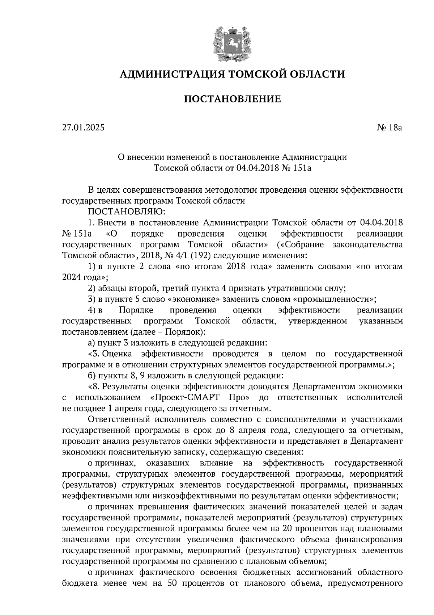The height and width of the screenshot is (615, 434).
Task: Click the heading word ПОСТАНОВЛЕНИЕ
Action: point(232,99)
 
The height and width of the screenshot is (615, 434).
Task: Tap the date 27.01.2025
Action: point(83,127)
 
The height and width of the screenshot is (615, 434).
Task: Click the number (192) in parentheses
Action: point(202,255)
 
